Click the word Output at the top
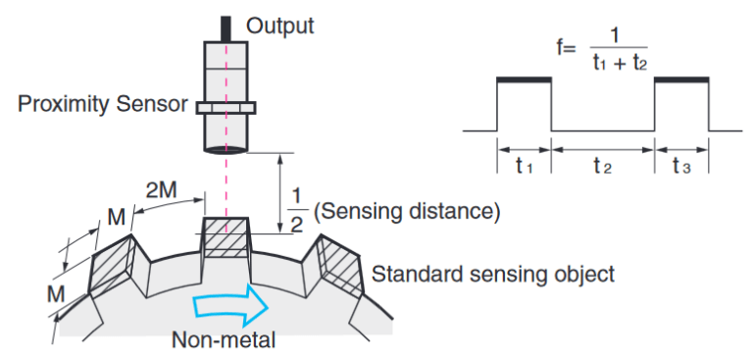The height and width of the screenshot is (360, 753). coord(279,26)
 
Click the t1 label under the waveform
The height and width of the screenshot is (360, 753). coord(525,167)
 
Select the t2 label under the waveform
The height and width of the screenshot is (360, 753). coord(602,167)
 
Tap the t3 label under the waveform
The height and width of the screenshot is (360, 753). coord(681,167)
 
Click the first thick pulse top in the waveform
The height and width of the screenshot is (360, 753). coord(525,79)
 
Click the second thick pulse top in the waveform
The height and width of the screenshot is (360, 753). coord(681,79)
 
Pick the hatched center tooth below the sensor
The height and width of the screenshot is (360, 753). coord(226,235)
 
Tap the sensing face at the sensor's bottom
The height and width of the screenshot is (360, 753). coord(226,149)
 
